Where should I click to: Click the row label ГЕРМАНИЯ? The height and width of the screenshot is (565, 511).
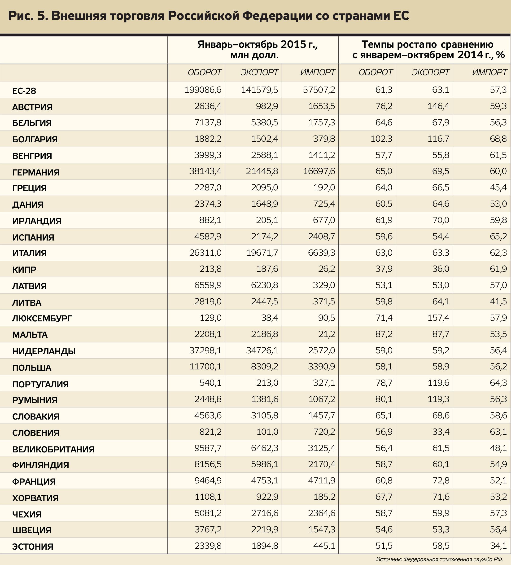pyautogui.click(x=36, y=172)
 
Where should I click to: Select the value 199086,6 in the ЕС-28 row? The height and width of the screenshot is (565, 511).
pyautogui.click(x=203, y=90)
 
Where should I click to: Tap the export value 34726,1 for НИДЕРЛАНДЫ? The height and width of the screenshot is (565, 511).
pyautogui.click(x=262, y=350)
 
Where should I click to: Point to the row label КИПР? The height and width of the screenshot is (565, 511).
pyautogui.click(x=24, y=270)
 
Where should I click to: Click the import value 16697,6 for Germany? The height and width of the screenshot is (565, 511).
pyautogui.click(x=319, y=171)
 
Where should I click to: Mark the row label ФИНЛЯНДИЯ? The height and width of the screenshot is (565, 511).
pyautogui.click(x=41, y=465)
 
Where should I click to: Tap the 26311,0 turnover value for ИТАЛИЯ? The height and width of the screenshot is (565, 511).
pyautogui.click(x=205, y=253)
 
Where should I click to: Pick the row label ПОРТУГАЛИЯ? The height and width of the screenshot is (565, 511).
pyautogui.click(x=40, y=384)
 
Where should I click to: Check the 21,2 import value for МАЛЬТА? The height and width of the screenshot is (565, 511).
pyautogui.click(x=326, y=334)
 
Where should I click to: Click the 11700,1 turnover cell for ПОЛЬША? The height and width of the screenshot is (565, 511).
pyautogui.click(x=205, y=367)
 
